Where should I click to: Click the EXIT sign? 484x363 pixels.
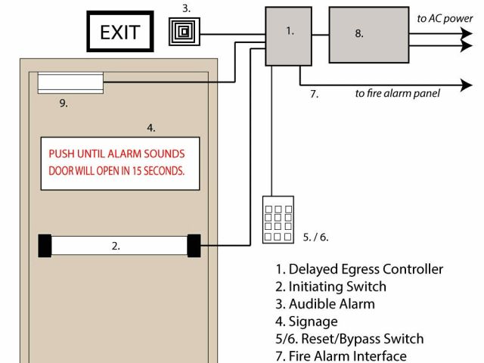pos(121,33)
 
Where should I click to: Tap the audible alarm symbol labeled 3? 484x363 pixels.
pos(181,33)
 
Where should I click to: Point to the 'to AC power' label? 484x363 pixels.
pos(446,18)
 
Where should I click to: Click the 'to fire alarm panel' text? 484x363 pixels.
pos(398,94)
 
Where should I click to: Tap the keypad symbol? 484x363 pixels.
pos(278,219)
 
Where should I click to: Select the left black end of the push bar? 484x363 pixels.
pos(45,246)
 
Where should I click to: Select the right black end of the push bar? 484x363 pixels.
pos(194,246)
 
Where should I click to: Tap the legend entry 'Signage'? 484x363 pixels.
pos(310,321)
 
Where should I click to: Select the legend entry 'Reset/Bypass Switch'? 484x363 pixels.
pos(349,339)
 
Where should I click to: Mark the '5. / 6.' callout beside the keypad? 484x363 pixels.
pos(315,237)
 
